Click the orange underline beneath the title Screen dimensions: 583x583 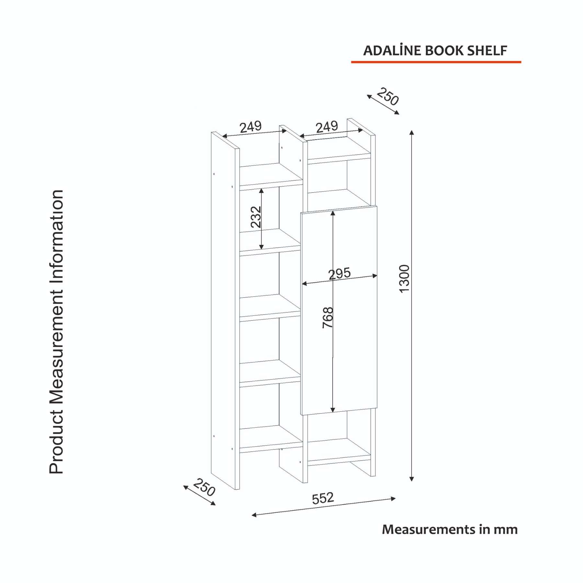(x=436, y=62)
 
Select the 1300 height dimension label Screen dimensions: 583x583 (x=404, y=279)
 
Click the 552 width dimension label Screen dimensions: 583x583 (x=323, y=498)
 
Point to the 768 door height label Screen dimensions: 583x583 (x=328, y=317)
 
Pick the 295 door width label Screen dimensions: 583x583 (x=339, y=274)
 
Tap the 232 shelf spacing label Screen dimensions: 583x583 (x=256, y=217)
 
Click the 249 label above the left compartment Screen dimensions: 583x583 (x=251, y=127)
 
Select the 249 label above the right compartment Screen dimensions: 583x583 (x=327, y=127)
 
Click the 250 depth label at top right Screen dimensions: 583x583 (x=388, y=96)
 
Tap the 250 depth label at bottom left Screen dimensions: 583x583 (x=204, y=487)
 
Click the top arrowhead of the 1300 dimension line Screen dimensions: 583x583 (x=412, y=132)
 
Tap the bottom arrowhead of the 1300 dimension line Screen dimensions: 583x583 (x=412, y=479)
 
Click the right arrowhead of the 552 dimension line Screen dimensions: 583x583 (x=393, y=498)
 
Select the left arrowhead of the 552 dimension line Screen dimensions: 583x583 (x=254, y=515)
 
